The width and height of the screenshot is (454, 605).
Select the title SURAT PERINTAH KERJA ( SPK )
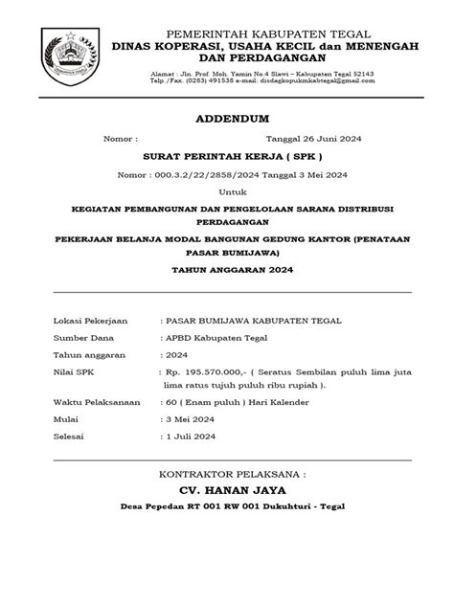[x=227, y=155]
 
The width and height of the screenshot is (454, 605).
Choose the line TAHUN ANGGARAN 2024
[x=227, y=271]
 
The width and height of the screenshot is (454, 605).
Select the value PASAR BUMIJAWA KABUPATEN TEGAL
[x=252, y=320]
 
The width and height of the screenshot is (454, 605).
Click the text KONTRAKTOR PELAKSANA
[x=227, y=473]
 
